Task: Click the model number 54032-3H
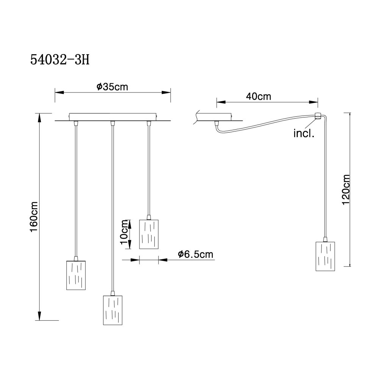coord(60,60)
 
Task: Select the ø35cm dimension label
coord(112,87)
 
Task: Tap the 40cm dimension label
coord(258,96)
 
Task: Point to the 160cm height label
coord(34,216)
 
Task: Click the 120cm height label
coord(346,189)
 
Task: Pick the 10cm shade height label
coord(124,232)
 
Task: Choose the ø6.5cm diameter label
coord(196,254)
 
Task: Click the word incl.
coord(304,133)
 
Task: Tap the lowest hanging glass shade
coord(113,310)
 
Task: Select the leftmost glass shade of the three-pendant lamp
coord(76,275)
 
